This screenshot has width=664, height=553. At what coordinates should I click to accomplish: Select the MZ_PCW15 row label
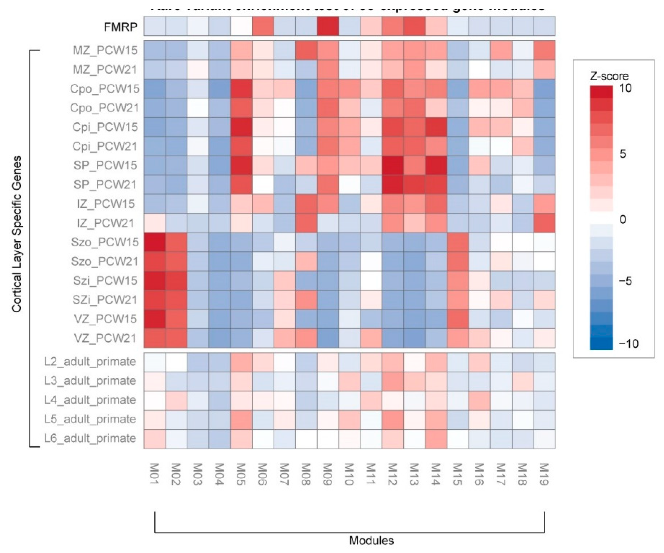[105, 50]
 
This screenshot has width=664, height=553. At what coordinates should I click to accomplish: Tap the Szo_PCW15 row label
[105, 242]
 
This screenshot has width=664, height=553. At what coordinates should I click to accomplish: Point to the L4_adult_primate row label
[90, 400]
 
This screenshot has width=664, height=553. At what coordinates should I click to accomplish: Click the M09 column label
[327, 474]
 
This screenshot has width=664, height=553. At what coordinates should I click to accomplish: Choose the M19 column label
[544, 474]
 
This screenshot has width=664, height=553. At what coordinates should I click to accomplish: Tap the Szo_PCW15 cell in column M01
[155, 242]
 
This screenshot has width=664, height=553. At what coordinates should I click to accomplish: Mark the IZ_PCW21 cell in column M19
[544, 223]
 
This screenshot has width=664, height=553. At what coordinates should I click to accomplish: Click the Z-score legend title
[609, 76]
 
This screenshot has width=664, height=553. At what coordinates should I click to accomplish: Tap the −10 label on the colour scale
[629, 343]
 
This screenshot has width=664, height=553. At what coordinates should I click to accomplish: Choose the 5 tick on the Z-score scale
[622, 154]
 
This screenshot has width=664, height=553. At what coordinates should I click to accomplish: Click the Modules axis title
[371, 540]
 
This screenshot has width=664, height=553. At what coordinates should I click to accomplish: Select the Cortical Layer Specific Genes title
[16, 234]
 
